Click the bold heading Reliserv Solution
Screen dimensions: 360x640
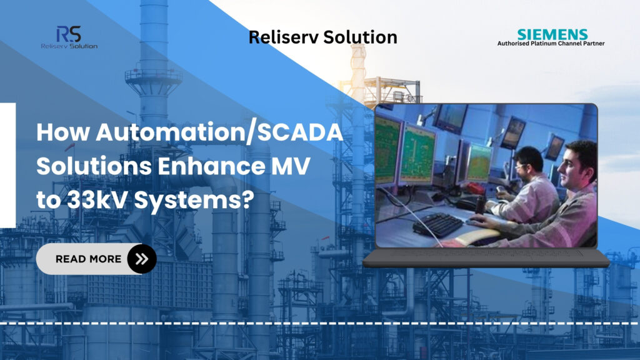(x=322, y=37)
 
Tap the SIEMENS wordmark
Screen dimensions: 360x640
(x=552, y=34)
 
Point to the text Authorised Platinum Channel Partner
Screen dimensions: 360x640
(x=551, y=44)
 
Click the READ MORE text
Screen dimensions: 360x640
(x=88, y=259)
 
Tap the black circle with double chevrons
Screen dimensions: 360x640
(x=142, y=259)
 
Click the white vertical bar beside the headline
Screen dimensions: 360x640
(x=7, y=165)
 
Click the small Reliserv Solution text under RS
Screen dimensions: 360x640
(x=68, y=46)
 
